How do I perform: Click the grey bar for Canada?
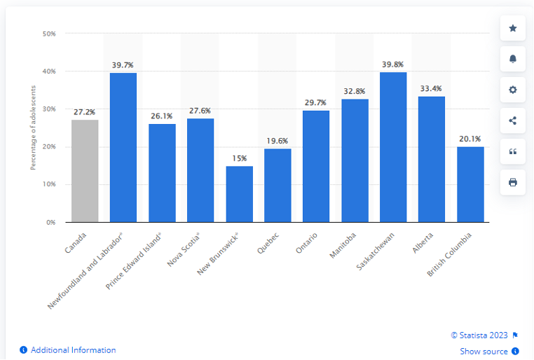pos(85,171)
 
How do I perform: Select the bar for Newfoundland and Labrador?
pos(123,147)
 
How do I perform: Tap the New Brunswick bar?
pos(239,194)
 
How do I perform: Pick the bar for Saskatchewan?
pos(393,147)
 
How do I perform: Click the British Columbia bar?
pos(470,184)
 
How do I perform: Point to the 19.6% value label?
pos(278,141)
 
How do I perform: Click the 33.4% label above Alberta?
pos(432,89)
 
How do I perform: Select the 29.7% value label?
pos(316,102)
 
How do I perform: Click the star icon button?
pos(512,28)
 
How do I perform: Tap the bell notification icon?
pos(512,59)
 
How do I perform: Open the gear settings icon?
pos(512,90)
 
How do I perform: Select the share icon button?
pos(512,120)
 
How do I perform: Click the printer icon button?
pos(512,182)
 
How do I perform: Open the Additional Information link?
pos(73,350)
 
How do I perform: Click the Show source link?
pos(484,351)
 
